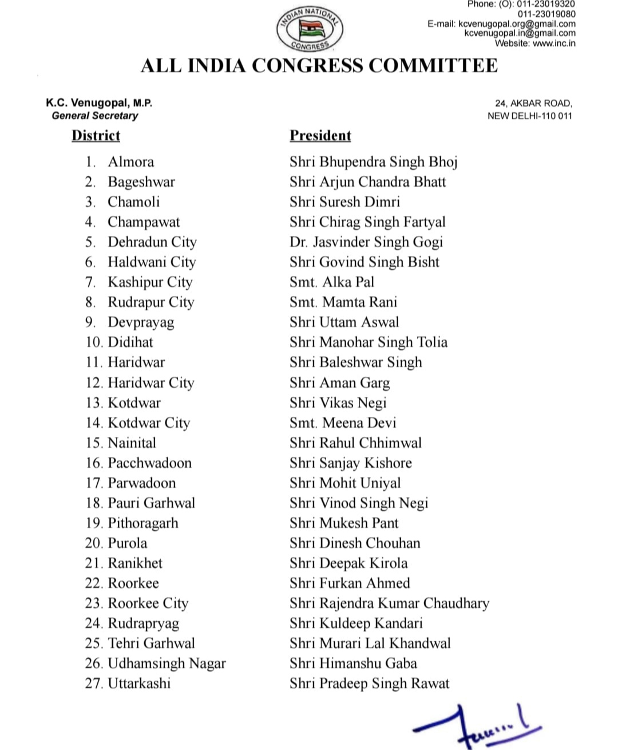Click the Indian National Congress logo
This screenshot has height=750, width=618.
point(309,29)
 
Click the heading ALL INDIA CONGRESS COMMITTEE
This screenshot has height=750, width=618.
point(319,65)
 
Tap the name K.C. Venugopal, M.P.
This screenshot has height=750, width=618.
point(99,103)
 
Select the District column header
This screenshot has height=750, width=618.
point(96,136)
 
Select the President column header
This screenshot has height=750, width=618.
point(320,136)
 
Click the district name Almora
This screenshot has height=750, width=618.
point(130,162)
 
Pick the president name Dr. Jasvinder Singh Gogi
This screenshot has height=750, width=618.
point(366,242)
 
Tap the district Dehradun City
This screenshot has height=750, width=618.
point(152,242)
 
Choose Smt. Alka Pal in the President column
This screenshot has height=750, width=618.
point(331,282)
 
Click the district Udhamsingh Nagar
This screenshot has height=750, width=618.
point(167,664)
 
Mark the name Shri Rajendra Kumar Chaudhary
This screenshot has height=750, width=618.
point(389,603)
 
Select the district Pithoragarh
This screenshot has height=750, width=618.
point(143,523)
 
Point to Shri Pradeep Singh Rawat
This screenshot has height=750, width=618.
point(369,684)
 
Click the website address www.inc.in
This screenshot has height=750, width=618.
point(554,43)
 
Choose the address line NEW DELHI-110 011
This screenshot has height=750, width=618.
point(529,116)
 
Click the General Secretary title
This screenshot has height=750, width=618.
point(95,116)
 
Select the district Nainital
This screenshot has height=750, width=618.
point(132,443)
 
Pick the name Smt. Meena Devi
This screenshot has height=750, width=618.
point(342,423)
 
